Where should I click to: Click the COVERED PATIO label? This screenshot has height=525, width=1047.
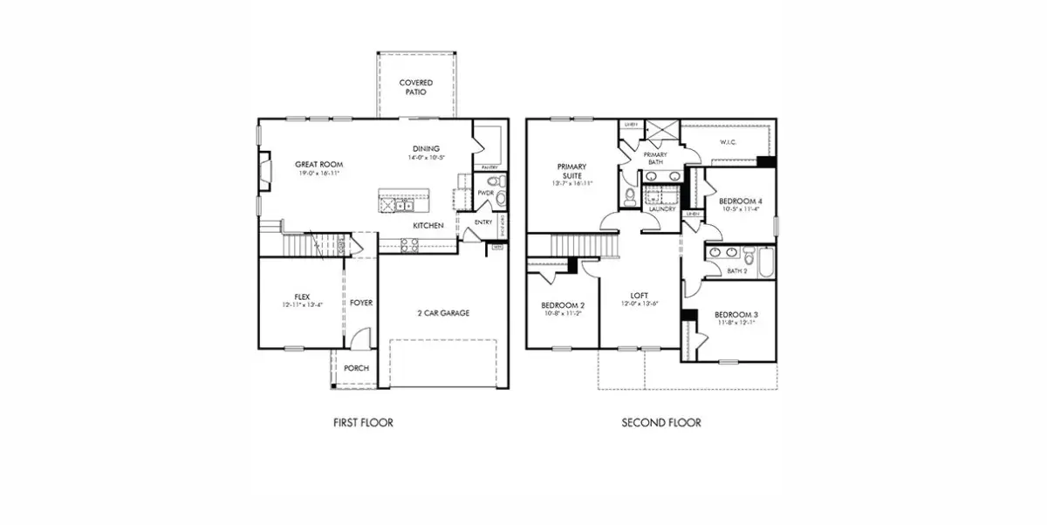(416, 87)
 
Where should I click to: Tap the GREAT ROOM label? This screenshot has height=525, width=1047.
(318, 165)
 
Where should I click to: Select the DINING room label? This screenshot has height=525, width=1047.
(426, 148)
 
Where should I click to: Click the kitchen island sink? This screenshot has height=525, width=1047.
(403, 205)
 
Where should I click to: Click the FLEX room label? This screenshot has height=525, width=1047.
(302, 297)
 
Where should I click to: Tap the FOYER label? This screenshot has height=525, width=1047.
(361, 303)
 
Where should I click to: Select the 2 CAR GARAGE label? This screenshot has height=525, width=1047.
(442, 312)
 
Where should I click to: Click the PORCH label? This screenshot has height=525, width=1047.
(355, 368)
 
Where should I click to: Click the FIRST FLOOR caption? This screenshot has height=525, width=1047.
(363, 423)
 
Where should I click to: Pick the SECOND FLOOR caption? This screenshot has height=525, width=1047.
(660, 423)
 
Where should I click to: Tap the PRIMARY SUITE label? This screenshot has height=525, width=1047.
(571, 171)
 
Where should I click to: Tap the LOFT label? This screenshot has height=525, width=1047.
(640, 295)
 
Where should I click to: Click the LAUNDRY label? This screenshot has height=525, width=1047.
(661, 209)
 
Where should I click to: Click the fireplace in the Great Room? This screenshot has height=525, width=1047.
(264, 172)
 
